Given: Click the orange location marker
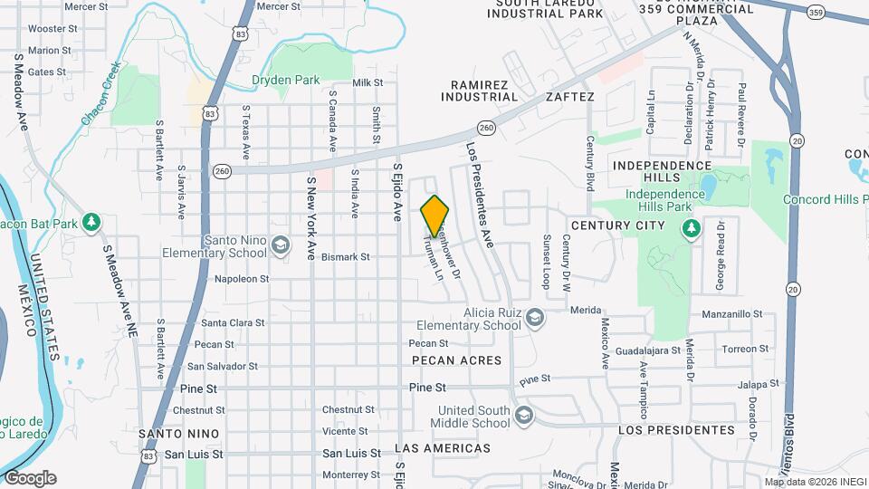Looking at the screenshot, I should point(434,216).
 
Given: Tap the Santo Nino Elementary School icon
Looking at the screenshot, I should point(281,244).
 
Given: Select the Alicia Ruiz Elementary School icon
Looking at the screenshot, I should point(535,317).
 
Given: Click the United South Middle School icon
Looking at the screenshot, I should point(522,416).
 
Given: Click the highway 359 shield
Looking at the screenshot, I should point(816,11).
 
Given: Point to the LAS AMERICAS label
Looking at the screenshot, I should point(444,448).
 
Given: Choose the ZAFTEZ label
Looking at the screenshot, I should point(569,97).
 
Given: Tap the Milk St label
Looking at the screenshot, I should point(368,82).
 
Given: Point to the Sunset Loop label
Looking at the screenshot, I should point(546,257).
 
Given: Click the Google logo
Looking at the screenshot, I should point(30,477).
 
